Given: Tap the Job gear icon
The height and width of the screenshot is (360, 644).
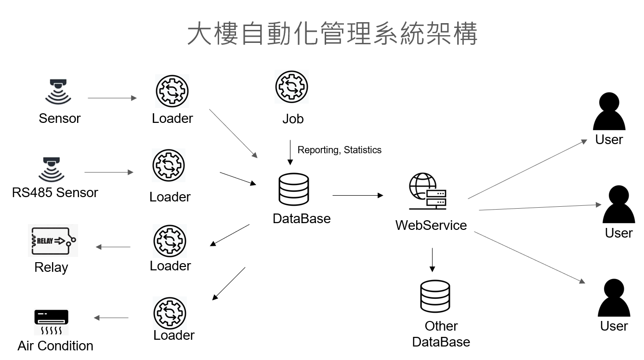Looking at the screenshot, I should pyautogui.click(x=291, y=87).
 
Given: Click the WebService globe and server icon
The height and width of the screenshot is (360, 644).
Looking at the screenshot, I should pyautogui.click(x=428, y=192).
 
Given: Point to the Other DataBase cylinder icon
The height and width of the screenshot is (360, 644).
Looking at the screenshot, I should pyautogui.click(x=435, y=296).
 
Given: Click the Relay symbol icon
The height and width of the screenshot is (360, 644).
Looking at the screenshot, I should pyautogui.click(x=53, y=240).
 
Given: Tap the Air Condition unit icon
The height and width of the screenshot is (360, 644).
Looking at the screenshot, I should pyautogui.click(x=52, y=322).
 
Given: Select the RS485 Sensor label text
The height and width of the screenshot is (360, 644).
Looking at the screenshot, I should pyautogui.click(x=55, y=193).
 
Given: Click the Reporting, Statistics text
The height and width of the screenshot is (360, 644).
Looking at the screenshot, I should pyautogui.click(x=340, y=150).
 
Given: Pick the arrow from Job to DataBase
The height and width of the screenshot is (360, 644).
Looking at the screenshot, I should pyautogui.click(x=290, y=152).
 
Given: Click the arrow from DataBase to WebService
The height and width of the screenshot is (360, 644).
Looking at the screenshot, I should pyautogui.click(x=357, y=195).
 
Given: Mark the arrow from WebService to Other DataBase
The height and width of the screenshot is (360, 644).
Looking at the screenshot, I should pyautogui.click(x=432, y=260).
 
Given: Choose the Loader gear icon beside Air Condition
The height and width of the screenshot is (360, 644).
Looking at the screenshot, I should pyautogui.click(x=170, y=313).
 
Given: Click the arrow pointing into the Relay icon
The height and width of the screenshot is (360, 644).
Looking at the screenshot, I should pyautogui.click(x=113, y=247).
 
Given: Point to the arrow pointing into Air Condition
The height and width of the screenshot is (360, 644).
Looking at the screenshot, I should pyautogui.click(x=111, y=318).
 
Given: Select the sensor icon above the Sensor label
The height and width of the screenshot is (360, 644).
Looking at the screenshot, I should pyautogui.click(x=58, y=92).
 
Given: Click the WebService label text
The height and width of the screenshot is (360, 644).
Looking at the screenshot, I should pyautogui.click(x=431, y=225).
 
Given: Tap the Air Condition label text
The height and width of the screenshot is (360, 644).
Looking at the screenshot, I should pyautogui.click(x=55, y=346).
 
